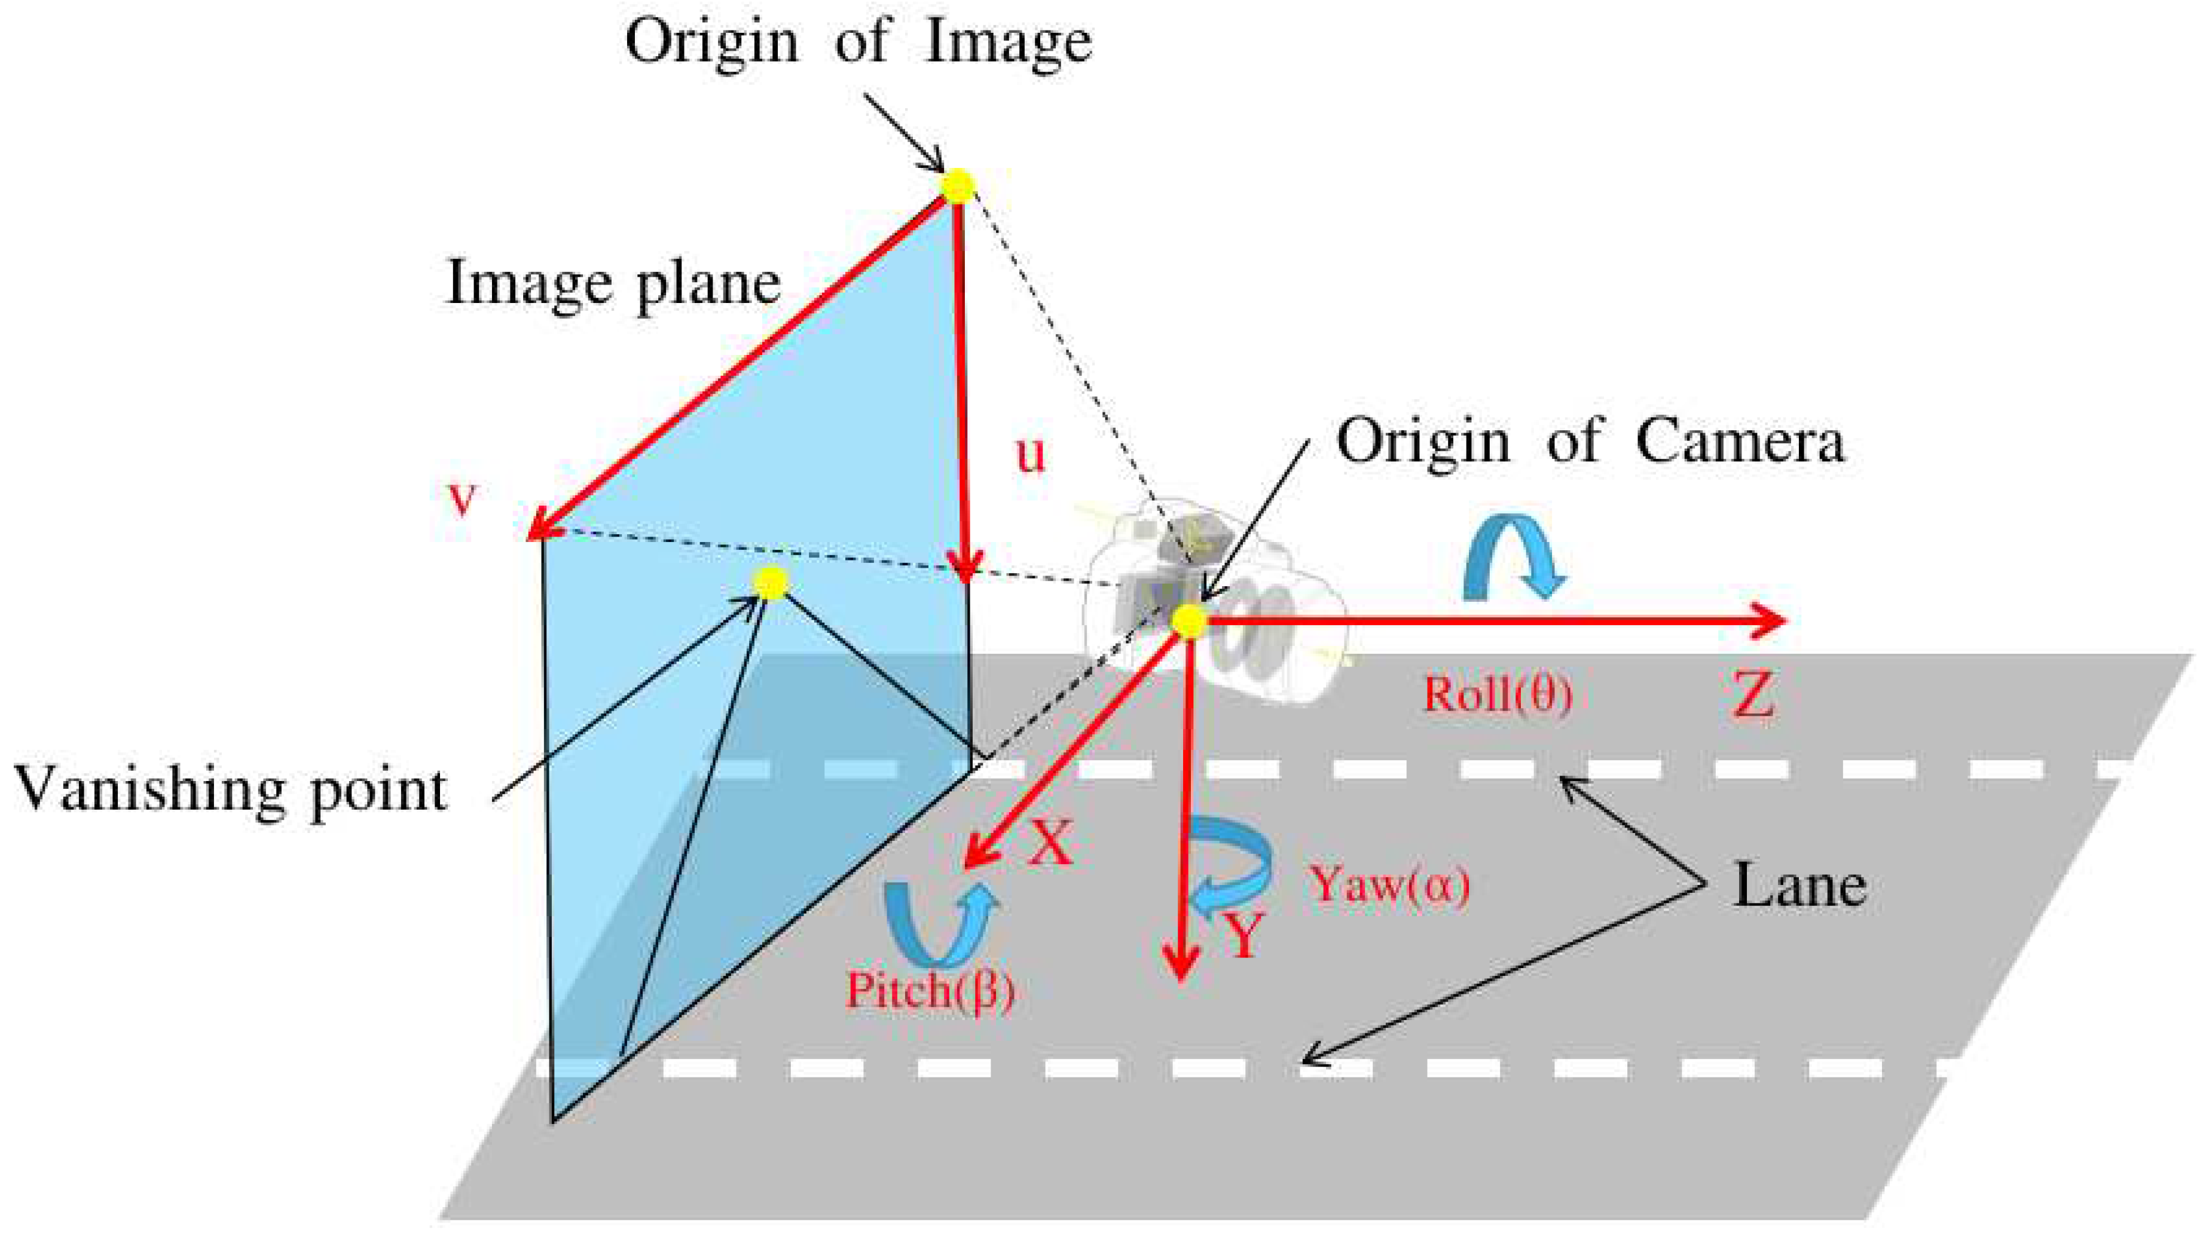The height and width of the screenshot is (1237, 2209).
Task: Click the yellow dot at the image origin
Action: click(958, 186)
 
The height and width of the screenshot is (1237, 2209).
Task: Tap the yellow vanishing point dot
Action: click(771, 583)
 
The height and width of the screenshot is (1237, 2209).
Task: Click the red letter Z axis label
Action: click(1753, 695)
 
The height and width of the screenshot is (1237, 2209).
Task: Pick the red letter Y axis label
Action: click(1242, 935)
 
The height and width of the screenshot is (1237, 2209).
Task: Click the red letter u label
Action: click(1031, 454)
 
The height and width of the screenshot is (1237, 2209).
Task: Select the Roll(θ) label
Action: click(1497, 694)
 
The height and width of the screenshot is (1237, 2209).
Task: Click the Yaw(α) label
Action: click(1388, 884)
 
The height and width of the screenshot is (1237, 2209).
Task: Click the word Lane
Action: click(1799, 886)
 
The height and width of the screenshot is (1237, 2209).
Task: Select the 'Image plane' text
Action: click(614, 284)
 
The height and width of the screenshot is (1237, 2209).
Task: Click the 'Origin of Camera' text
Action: click(1590, 442)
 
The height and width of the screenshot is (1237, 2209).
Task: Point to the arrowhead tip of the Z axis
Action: click(1784, 621)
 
